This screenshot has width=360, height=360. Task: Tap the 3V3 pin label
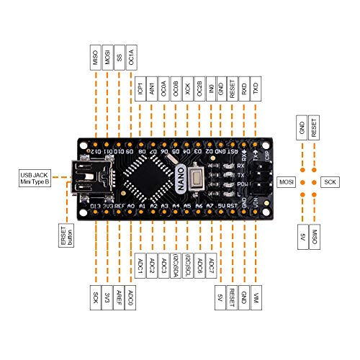click(107, 295)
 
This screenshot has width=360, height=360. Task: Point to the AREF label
click(119, 295)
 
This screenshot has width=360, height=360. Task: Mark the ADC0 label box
click(130, 295)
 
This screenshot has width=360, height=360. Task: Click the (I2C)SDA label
click(176, 267)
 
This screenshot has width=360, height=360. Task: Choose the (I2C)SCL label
click(188, 267)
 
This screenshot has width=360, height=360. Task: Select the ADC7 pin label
click(211, 267)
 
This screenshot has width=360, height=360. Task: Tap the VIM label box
click(257, 295)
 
